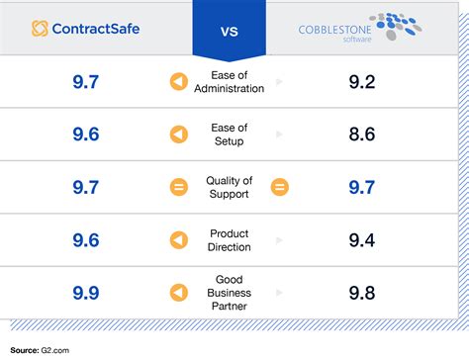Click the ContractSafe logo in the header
click(85, 28)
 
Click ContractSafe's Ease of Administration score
click(85, 82)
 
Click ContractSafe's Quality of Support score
click(85, 188)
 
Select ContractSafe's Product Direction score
click(85, 240)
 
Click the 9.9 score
click(85, 293)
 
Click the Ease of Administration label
click(230, 82)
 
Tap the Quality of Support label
click(230, 188)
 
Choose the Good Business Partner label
click(230, 293)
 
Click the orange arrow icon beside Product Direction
click(179, 240)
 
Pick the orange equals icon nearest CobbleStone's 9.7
click(280, 188)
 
